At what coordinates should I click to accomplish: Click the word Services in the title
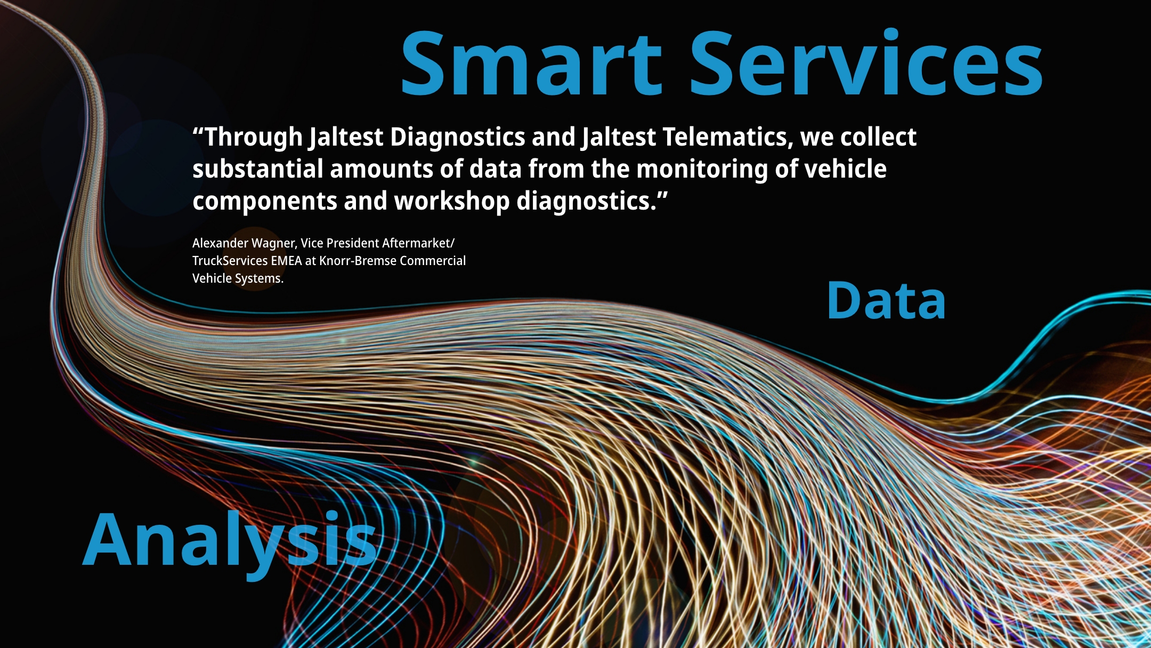coord(867,63)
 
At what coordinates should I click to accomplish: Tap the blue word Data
coord(886,301)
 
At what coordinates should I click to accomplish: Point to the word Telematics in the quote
coord(724,137)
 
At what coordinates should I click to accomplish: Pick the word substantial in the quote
coord(258,169)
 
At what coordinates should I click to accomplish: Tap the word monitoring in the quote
coord(702,170)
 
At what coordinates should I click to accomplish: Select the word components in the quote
coord(265,202)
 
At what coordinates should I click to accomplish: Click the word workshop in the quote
coord(452,202)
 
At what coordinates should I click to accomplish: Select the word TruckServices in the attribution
coord(230,261)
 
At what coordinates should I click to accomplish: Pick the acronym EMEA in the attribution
coord(286,261)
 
